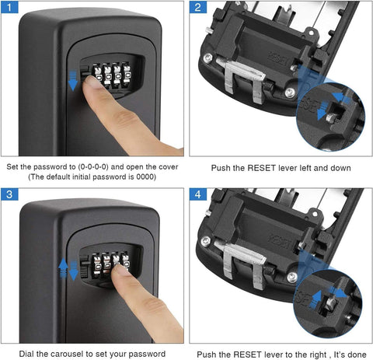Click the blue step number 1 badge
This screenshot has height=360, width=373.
[11, 9]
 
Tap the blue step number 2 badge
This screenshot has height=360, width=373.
[199, 9]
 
